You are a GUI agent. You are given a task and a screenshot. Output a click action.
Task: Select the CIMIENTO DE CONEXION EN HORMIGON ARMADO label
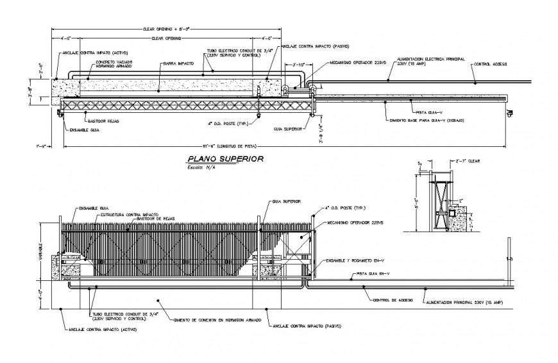pos(217,319)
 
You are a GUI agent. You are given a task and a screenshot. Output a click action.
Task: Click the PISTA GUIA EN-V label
pos(373,273)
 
